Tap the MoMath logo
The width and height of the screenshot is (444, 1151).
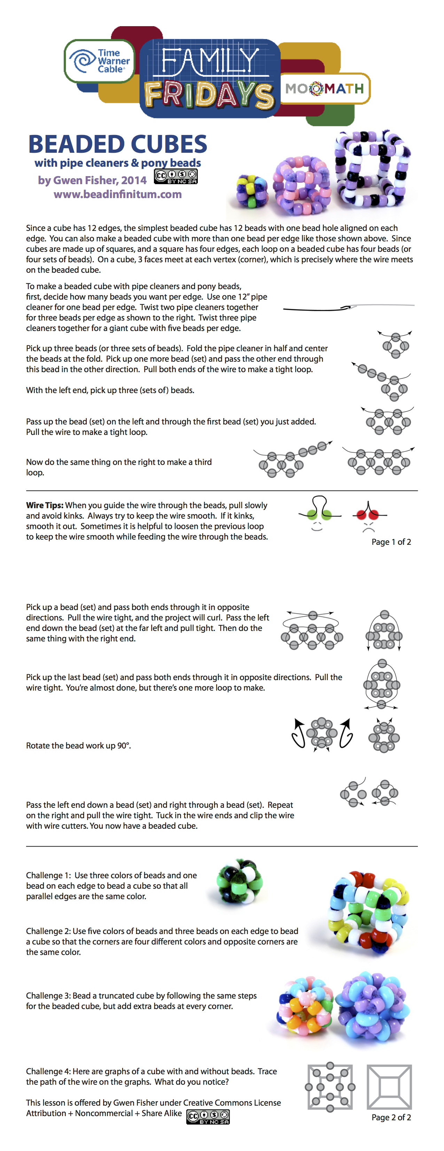point(325,89)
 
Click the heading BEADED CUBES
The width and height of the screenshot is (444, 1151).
point(117,144)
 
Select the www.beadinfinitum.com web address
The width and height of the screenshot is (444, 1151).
point(117,194)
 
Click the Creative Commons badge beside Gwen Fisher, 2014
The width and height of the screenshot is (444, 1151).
point(176,176)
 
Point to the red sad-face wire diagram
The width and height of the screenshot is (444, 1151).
point(369,515)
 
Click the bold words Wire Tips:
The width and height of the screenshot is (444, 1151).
point(45,505)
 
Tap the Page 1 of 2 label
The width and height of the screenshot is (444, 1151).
point(391,542)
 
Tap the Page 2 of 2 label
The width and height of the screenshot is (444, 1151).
point(391,1117)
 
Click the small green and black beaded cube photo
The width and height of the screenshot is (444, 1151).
point(239,882)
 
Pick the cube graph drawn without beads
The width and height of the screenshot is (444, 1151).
point(389,1087)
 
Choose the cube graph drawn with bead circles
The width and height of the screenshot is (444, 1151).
point(330,1087)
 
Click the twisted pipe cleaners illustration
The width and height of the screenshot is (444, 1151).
point(348,307)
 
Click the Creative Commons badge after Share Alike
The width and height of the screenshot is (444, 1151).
point(208,1116)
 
